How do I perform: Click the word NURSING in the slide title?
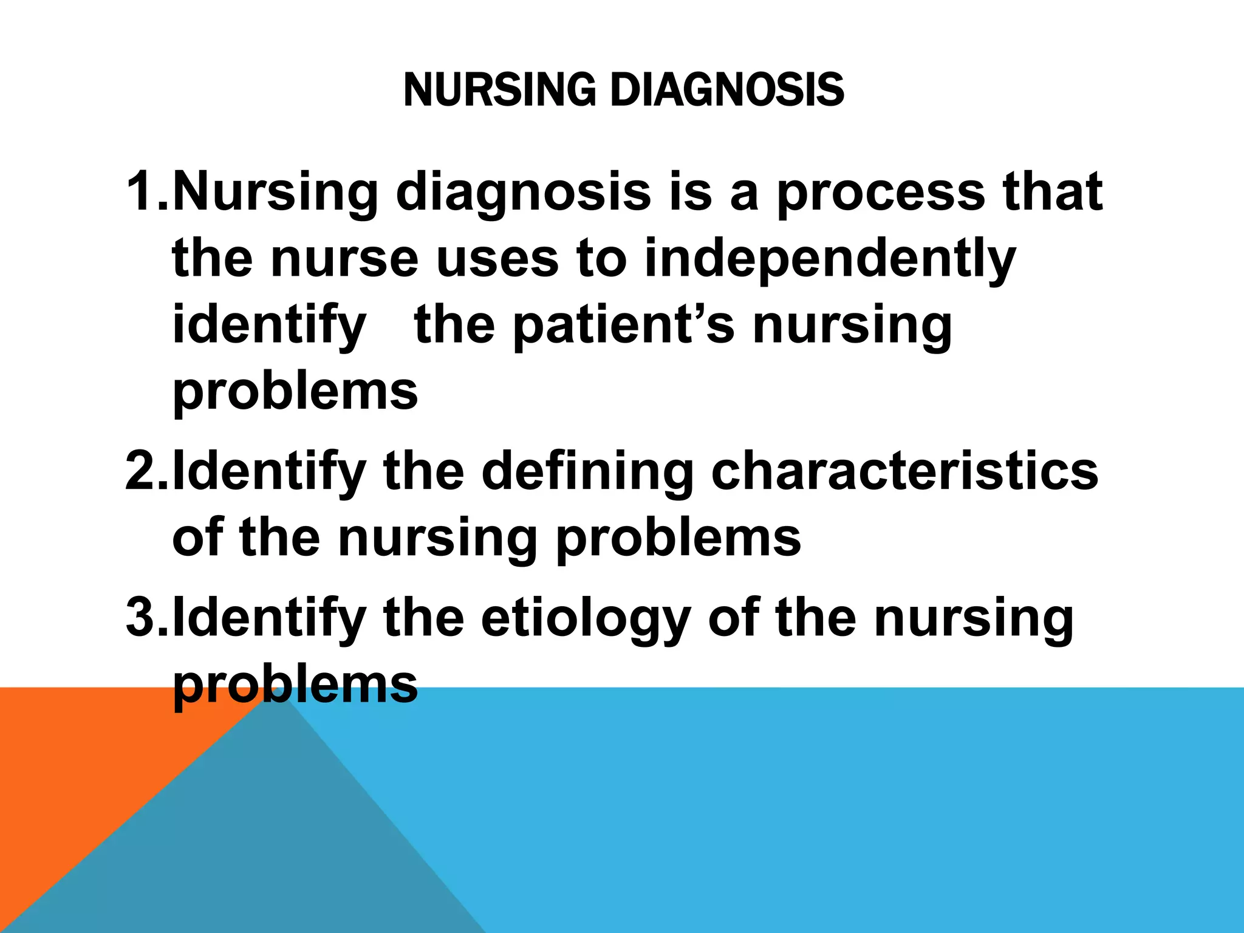pos(499,90)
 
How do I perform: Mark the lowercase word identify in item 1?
pos(269,327)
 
